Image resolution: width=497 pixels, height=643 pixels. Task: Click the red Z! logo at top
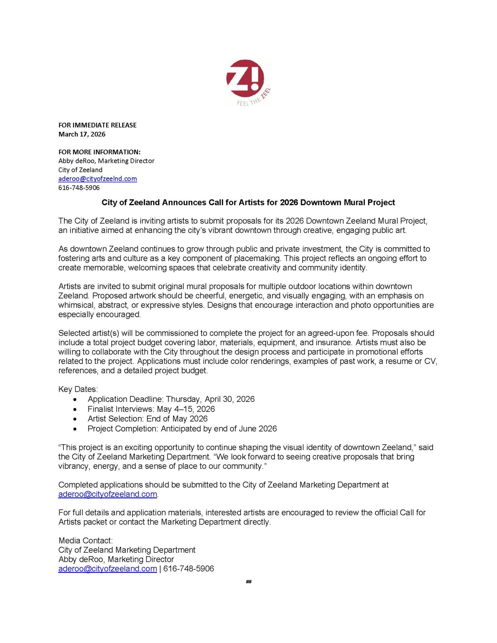tap(245, 79)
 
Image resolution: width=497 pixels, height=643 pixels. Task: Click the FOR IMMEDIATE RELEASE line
tap(97, 125)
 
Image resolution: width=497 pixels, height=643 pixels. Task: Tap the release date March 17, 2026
tap(82, 134)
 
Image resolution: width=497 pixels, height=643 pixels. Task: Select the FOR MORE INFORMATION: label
tap(99, 152)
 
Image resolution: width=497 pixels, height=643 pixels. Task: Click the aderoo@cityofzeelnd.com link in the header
tap(97, 179)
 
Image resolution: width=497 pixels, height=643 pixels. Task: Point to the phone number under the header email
tap(79, 187)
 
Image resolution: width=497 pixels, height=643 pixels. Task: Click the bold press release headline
tap(248, 202)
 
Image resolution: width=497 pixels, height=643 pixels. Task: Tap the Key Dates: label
tap(78, 389)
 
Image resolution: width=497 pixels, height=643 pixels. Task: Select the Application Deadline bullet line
tap(171, 399)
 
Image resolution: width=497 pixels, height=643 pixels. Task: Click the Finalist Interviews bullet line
tap(151, 409)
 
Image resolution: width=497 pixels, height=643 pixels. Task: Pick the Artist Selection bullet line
tap(147, 419)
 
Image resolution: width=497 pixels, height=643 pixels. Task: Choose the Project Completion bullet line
tap(182, 429)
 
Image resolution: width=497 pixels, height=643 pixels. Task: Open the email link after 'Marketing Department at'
tap(107, 494)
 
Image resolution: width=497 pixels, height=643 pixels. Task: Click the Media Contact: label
tap(85, 540)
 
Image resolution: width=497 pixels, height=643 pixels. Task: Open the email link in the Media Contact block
tap(107, 569)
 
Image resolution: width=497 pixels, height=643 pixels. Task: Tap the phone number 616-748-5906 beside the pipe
tap(189, 569)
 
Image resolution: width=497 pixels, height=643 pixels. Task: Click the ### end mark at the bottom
tap(248, 582)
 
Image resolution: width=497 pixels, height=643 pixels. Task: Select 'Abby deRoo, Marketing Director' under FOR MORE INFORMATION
tap(106, 161)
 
